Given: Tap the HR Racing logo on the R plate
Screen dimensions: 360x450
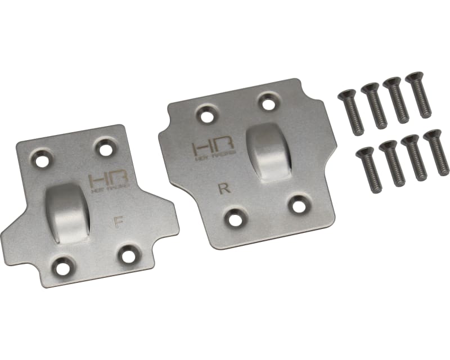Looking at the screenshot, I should (209, 150).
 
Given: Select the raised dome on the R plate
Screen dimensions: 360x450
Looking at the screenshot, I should (269, 152).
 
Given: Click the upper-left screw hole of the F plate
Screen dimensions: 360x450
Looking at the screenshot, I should (42, 160).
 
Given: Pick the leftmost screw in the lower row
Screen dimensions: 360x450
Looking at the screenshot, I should (368, 168).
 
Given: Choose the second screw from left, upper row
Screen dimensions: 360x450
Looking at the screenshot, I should (373, 105).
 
